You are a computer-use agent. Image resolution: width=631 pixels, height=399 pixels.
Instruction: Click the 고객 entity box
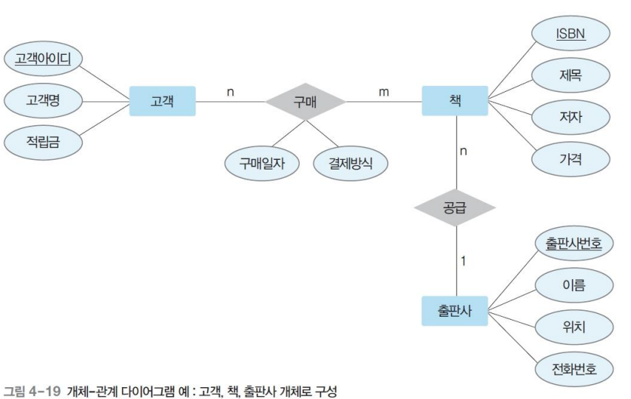[x=162, y=101]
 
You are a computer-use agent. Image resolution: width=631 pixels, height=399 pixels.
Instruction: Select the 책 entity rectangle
[x=456, y=101]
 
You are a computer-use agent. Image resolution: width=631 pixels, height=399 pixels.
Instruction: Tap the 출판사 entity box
[x=456, y=311]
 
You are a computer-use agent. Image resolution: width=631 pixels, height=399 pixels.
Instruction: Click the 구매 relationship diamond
[x=306, y=101]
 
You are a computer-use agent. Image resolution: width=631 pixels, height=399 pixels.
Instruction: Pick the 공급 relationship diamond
[x=456, y=207]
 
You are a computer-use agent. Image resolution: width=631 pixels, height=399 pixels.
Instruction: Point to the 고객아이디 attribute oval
[x=43, y=58]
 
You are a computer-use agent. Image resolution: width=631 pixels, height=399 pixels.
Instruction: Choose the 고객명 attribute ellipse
[x=43, y=101]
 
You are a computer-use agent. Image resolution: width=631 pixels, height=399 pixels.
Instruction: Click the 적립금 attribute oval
[x=43, y=143]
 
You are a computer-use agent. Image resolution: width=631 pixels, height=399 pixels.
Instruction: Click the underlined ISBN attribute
[x=570, y=34]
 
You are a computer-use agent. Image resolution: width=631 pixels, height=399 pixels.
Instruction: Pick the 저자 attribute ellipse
[x=570, y=116]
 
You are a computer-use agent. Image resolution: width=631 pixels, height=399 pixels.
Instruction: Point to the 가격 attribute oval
[x=570, y=158]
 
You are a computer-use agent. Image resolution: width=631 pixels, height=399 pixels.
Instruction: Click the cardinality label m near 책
[x=383, y=92]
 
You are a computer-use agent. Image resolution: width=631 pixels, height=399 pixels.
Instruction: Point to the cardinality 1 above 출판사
[x=463, y=261]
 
